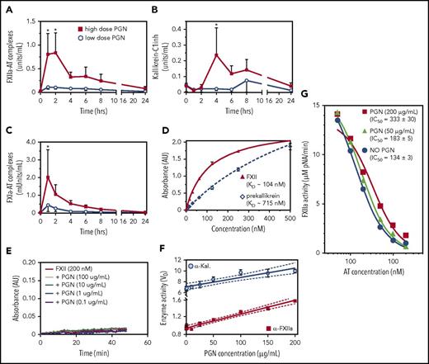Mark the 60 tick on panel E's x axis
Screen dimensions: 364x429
(140, 341)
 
